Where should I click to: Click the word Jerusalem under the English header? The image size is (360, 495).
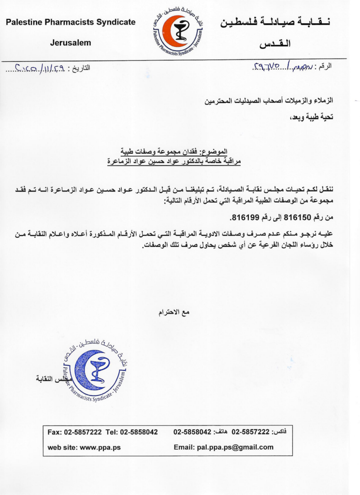click(71, 43)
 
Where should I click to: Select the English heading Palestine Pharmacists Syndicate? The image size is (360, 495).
click(71, 22)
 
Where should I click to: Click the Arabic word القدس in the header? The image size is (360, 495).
click(275, 44)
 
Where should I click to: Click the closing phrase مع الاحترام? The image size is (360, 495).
click(174, 312)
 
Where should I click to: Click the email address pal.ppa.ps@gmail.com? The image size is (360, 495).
click(235, 447)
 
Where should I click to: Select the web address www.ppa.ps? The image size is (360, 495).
click(100, 447)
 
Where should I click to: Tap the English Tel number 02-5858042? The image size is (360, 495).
click(139, 432)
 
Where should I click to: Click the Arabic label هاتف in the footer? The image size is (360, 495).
click(222, 431)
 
